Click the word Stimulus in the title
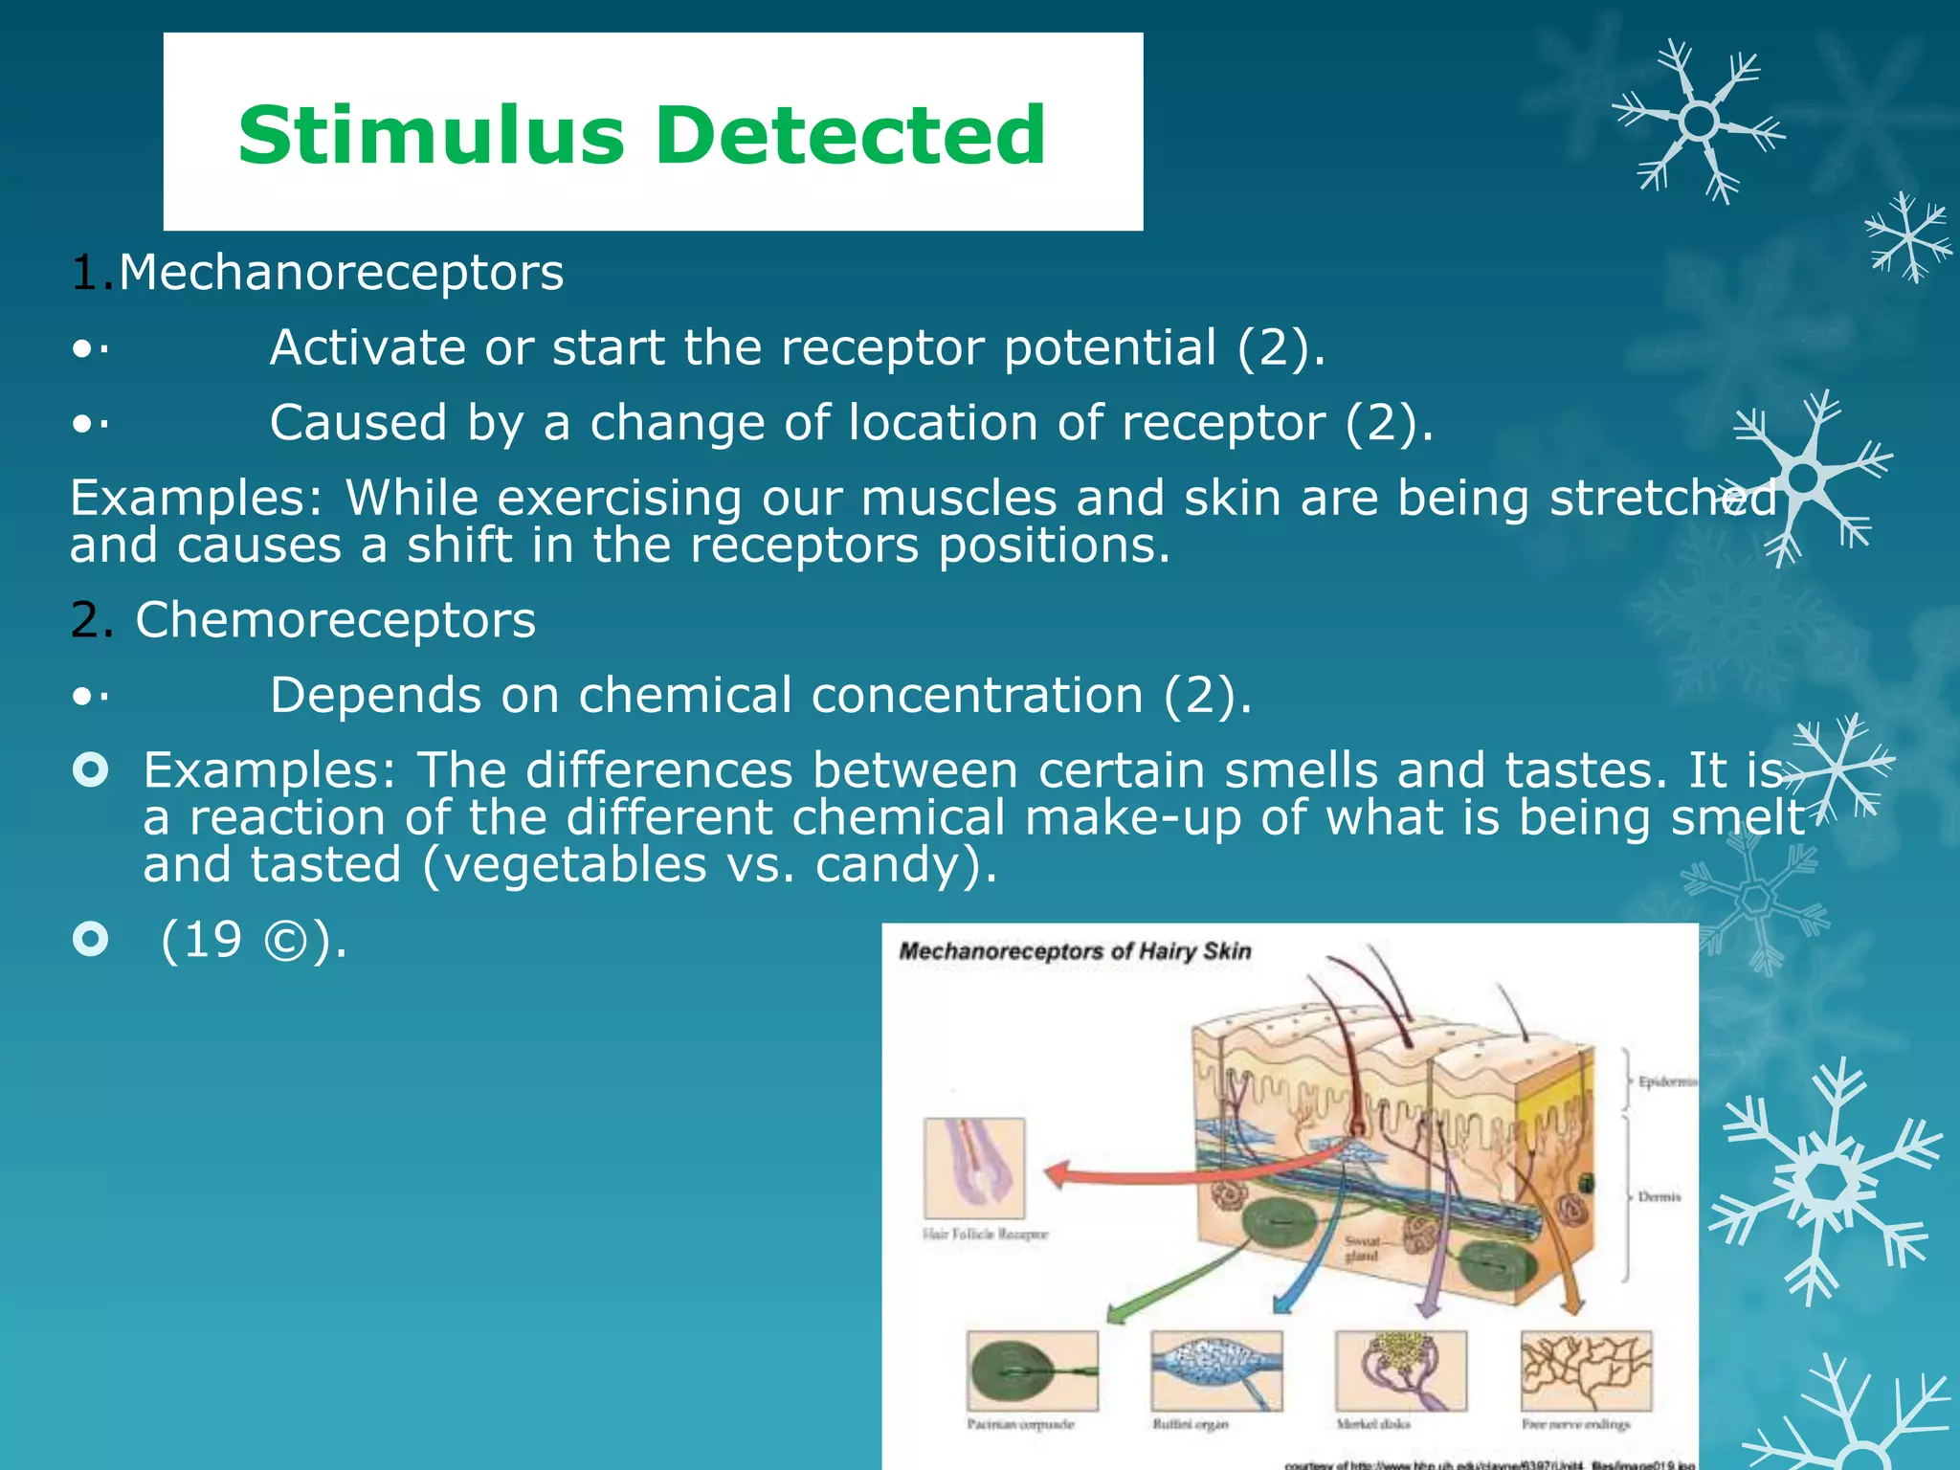[x=431, y=135]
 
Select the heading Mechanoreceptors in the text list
[x=341, y=273]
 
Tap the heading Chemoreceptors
[x=335, y=620]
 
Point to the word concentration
[x=977, y=695]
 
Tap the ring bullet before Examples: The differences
[x=91, y=769]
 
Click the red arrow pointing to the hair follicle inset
[x=1148, y=1172]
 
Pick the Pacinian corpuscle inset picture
[x=1032, y=1370]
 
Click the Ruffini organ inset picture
[x=1216, y=1370]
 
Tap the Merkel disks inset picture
[x=1401, y=1370]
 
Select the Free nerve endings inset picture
[x=1586, y=1370]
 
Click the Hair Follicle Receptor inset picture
[x=974, y=1168]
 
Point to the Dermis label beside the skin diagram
[x=1659, y=1196]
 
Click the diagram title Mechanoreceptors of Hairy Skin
[x=1075, y=951]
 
